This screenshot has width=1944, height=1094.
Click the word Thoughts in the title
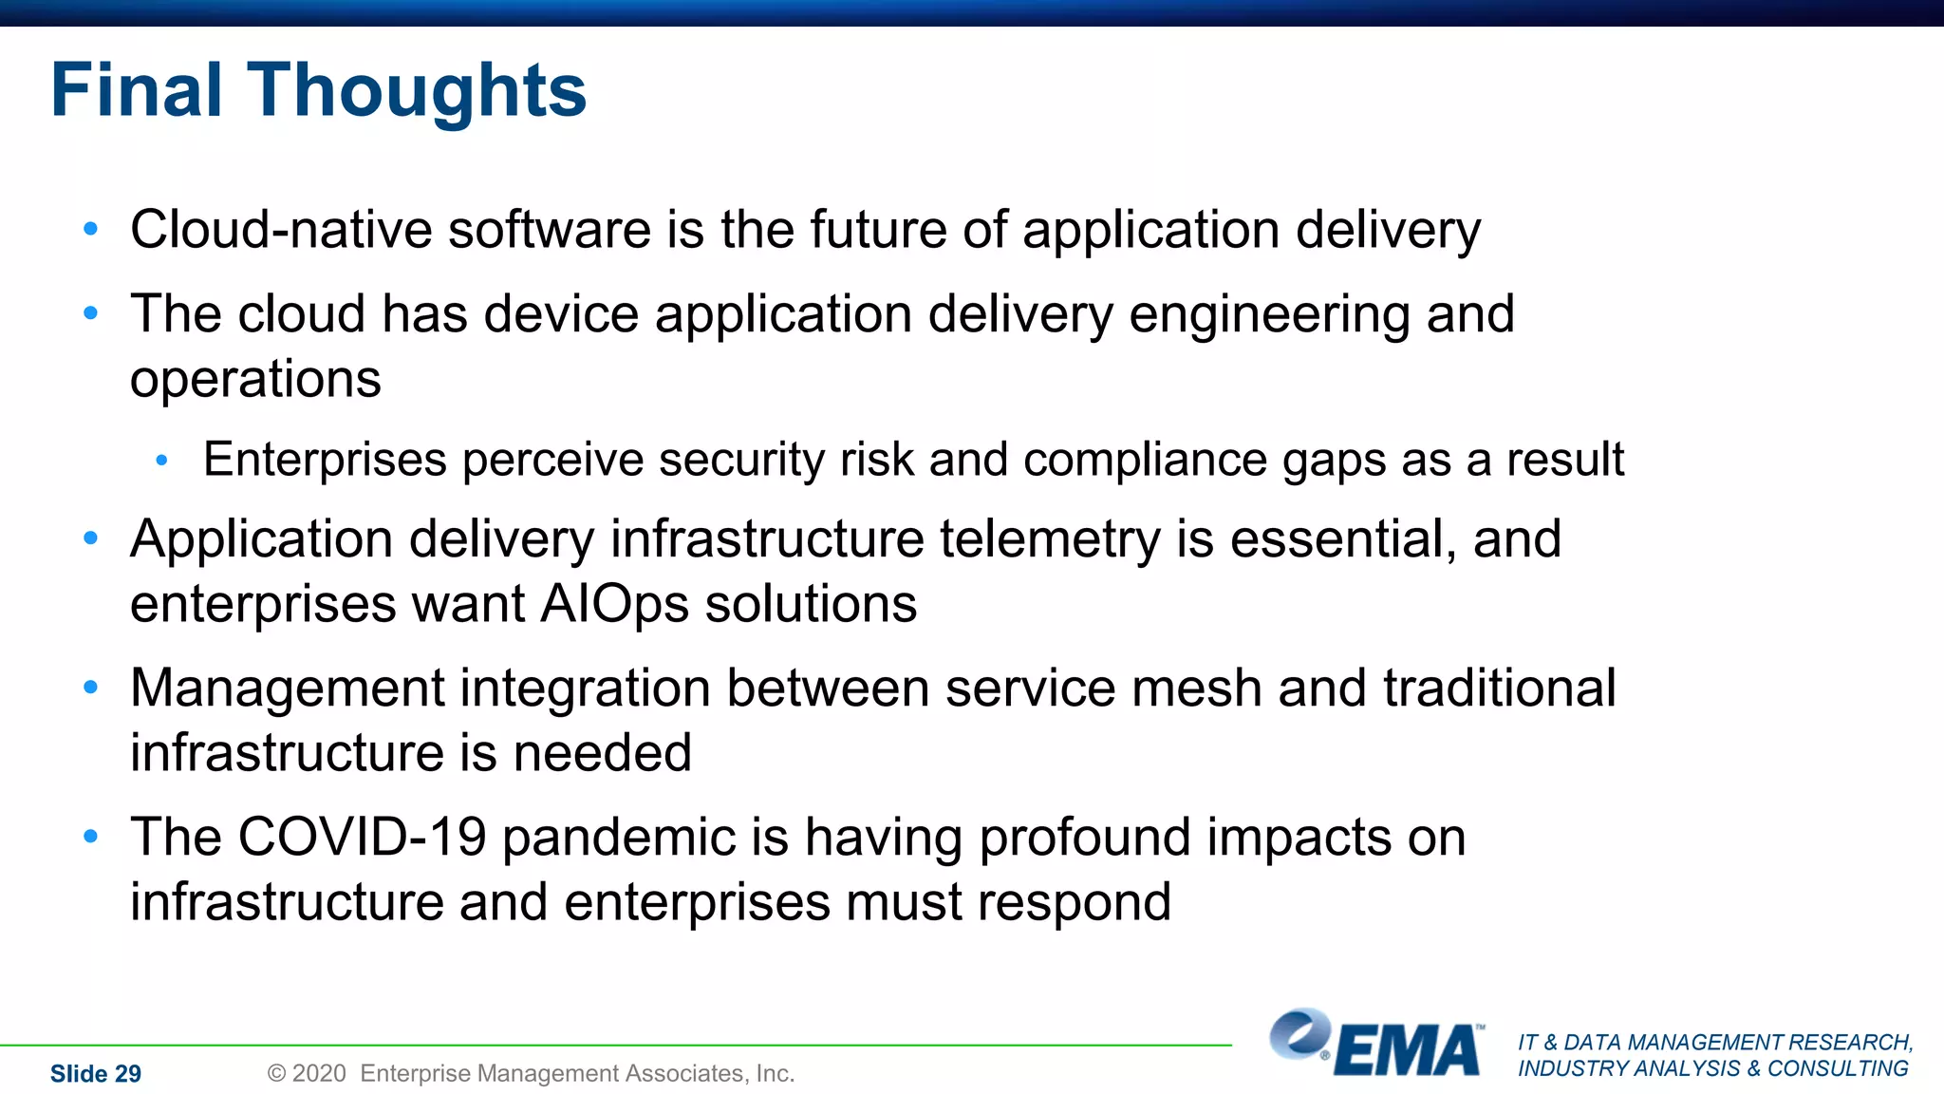(x=417, y=90)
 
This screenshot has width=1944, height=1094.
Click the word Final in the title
(x=137, y=90)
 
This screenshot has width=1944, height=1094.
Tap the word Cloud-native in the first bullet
(x=281, y=230)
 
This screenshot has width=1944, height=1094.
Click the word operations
(x=255, y=380)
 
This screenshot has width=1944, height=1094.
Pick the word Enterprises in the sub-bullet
(x=325, y=460)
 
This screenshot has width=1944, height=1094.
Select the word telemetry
(x=1050, y=539)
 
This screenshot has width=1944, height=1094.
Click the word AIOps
(x=614, y=604)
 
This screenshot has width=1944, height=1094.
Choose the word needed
(x=602, y=753)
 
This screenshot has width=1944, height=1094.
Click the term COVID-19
(x=362, y=837)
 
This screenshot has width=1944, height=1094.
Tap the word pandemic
(x=618, y=839)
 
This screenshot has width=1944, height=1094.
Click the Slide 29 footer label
(x=95, y=1074)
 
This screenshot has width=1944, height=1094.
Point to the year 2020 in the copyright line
(x=319, y=1073)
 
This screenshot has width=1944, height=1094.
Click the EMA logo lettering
(x=1408, y=1051)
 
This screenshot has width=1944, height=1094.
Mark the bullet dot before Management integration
(x=91, y=688)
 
